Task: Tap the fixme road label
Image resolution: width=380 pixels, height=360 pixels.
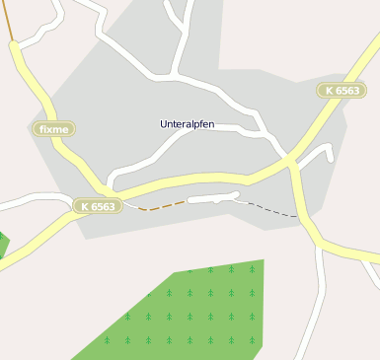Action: [x=52, y=128]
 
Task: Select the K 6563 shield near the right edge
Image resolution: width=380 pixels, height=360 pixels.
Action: [x=341, y=90]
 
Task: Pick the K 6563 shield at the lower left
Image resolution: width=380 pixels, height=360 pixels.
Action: [x=98, y=206]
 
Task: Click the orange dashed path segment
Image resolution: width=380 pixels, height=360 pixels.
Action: [x=162, y=206]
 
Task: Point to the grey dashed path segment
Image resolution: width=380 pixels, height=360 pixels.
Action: [x=267, y=209]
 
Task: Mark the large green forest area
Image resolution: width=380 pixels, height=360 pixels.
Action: [x=188, y=311]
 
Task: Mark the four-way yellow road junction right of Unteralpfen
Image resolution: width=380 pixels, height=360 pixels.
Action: [x=289, y=159]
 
